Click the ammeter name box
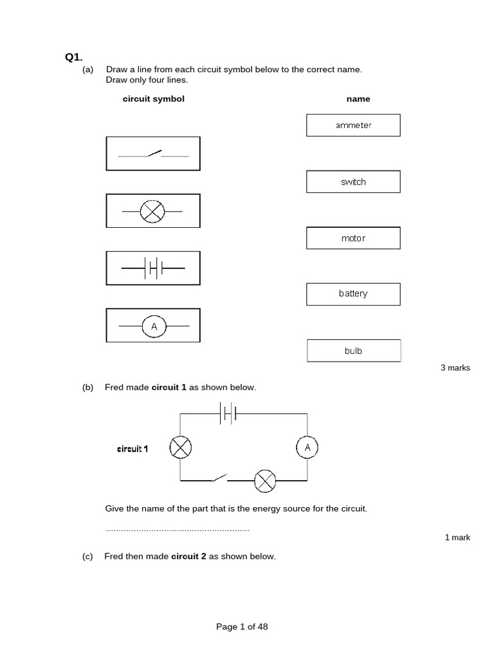pyautogui.click(x=353, y=125)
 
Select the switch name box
pyautogui.click(x=353, y=182)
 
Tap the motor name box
pyautogui.click(x=353, y=238)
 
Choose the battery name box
pyautogui.click(x=353, y=293)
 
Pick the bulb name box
pyautogui.click(x=353, y=351)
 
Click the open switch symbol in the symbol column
pyautogui.click(x=153, y=154)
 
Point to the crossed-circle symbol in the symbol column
pyautogui.click(x=153, y=211)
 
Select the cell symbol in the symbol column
pyautogui.click(x=153, y=268)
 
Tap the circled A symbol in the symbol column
pyautogui.click(x=154, y=326)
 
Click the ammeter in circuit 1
pyautogui.click(x=307, y=447)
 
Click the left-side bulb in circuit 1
pyautogui.click(x=180, y=447)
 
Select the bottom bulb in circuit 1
pyautogui.click(x=265, y=480)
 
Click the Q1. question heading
pyautogui.click(x=74, y=57)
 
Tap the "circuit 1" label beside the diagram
pyautogui.click(x=133, y=449)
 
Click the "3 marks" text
pyautogui.click(x=455, y=368)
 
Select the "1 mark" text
pyautogui.click(x=457, y=537)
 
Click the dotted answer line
pyautogui.click(x=177, y=530)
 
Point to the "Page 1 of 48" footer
pyautogui.click(x=242, y=626)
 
